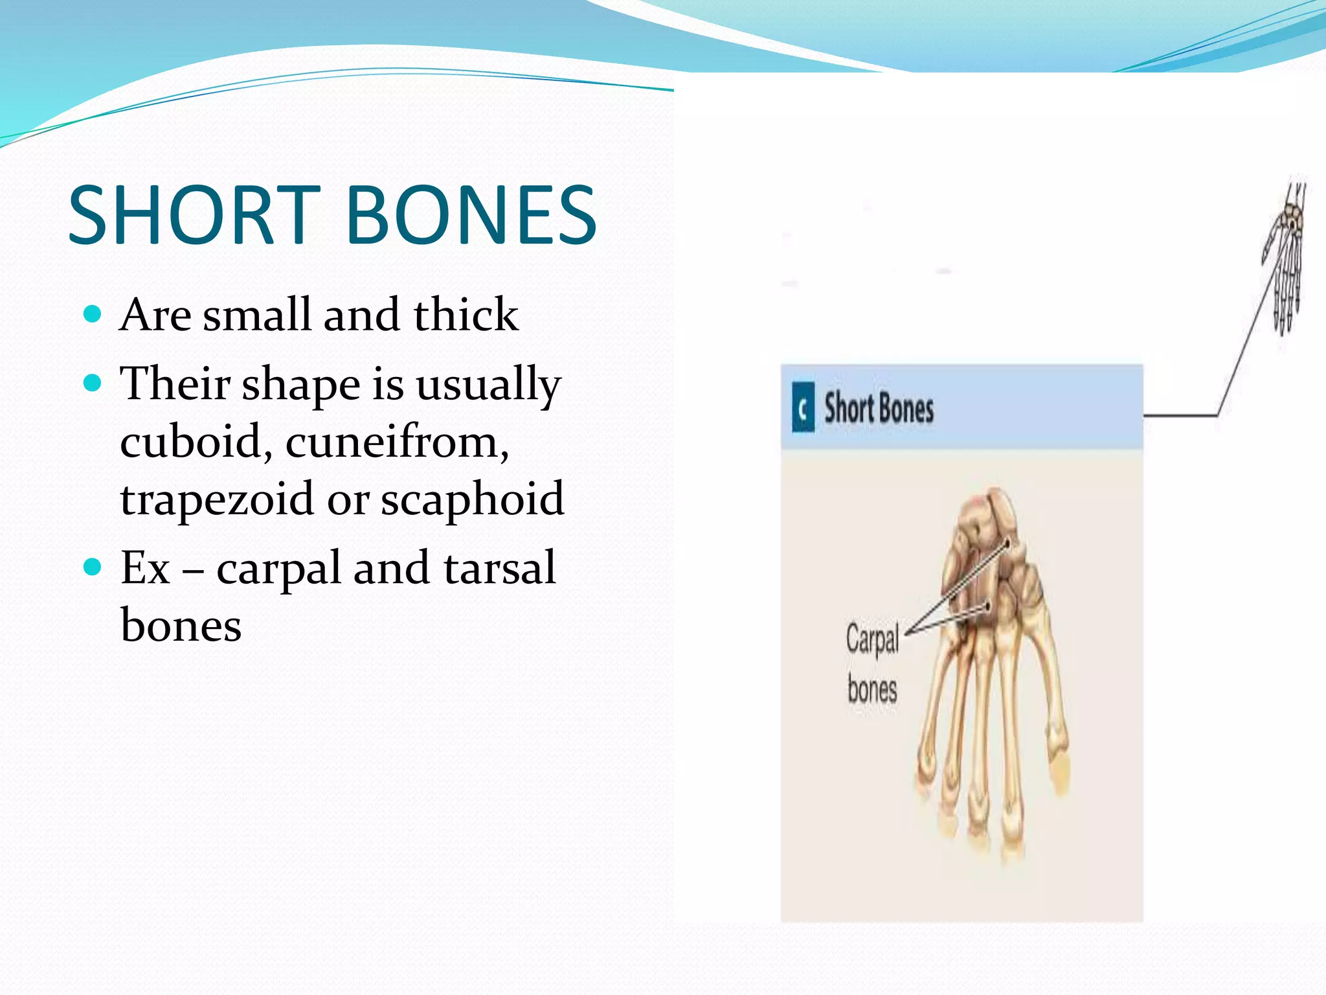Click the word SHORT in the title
pos(194,215)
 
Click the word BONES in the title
pos(471,215)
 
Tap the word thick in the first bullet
pos(466,315)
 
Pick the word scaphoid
pos(472,499)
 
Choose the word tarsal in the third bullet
pos(499,568)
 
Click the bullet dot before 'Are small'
pos(93,315)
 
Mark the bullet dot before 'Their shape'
pos(93,383)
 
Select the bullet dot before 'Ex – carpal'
pos(93,568)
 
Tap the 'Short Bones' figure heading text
pos(879,409)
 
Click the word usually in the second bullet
pos(488,384)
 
